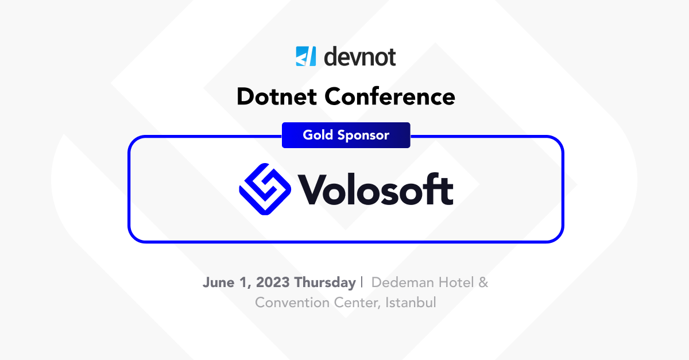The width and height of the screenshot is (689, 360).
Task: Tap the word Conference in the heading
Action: click(390, 96)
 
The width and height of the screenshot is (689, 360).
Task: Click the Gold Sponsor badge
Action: click(346, 136)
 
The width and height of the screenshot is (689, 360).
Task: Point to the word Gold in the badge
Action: click(318, 136)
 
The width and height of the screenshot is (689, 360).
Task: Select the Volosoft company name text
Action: click(376, 189)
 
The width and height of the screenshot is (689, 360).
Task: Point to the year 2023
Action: click(273, 282)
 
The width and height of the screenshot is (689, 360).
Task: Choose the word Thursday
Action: click(325, 282)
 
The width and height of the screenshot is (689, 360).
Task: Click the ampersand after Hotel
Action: click(483, 282)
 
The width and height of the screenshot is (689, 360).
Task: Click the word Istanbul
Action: click(411, 302)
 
